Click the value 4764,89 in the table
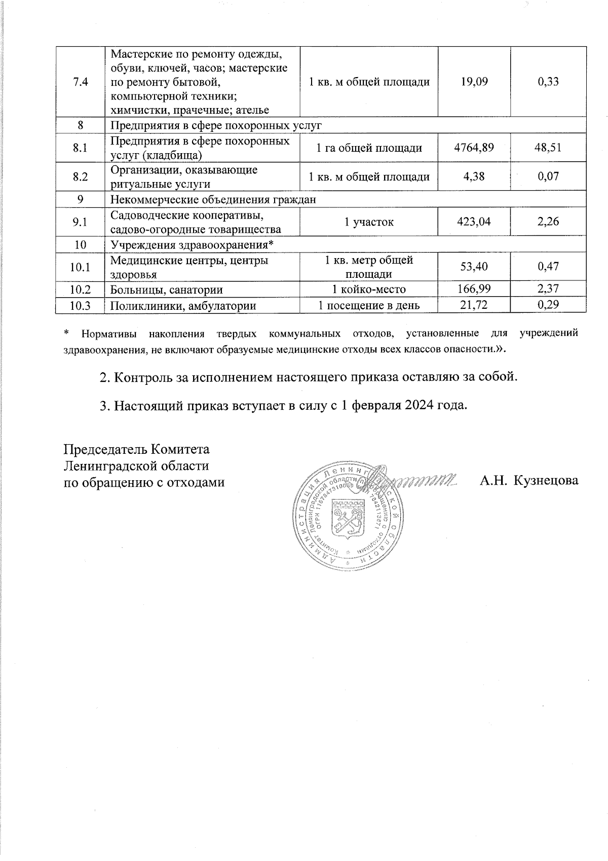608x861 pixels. [x=474, y=148]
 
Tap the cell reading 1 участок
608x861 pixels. [x=369, y=222]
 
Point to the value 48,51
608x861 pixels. [x=548, y=148]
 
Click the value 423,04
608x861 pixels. [x=474, y=222]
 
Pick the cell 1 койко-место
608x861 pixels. [x=369, y=290]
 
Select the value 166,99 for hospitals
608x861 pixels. [x=474, y=290]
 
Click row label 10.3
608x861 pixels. [x=80, y=305]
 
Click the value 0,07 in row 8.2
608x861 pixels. [x=548, y=176]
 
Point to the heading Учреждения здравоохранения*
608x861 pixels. [x=192, y=245]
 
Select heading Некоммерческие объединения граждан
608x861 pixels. [x=213, y=200]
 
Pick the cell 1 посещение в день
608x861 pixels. [x=369, y=305]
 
